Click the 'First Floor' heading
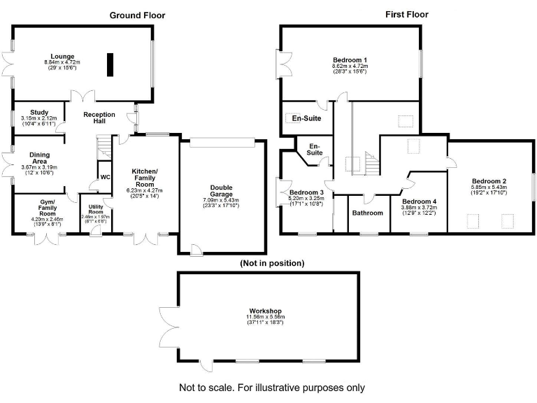407,14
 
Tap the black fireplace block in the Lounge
110,64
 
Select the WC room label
105,177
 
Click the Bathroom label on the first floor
367,213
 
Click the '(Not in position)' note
271,264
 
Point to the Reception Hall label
99,118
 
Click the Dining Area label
39,158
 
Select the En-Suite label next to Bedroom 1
306,119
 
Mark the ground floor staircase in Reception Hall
103,146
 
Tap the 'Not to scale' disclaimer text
272,387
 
